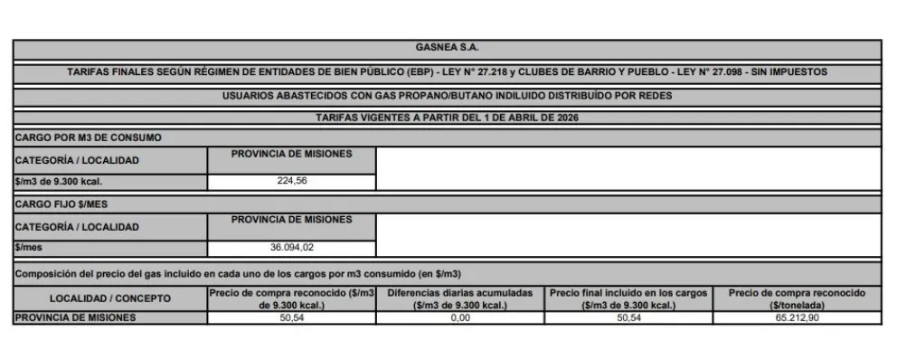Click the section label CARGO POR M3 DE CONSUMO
[x=89, y=137]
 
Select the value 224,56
[x=291, y=181]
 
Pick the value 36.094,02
[x=291, y=248]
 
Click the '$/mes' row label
[x=30, y=248]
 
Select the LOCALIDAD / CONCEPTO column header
[x=110, y=298]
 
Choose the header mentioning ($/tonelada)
[x=797, y=298]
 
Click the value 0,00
[x=460, y=317]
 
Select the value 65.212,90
[x=797, y=317]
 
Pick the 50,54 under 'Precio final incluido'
[x=628, y=317]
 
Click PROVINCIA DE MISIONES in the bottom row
[x=76, y=317]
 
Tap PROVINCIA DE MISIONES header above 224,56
[x=291, y=154]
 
